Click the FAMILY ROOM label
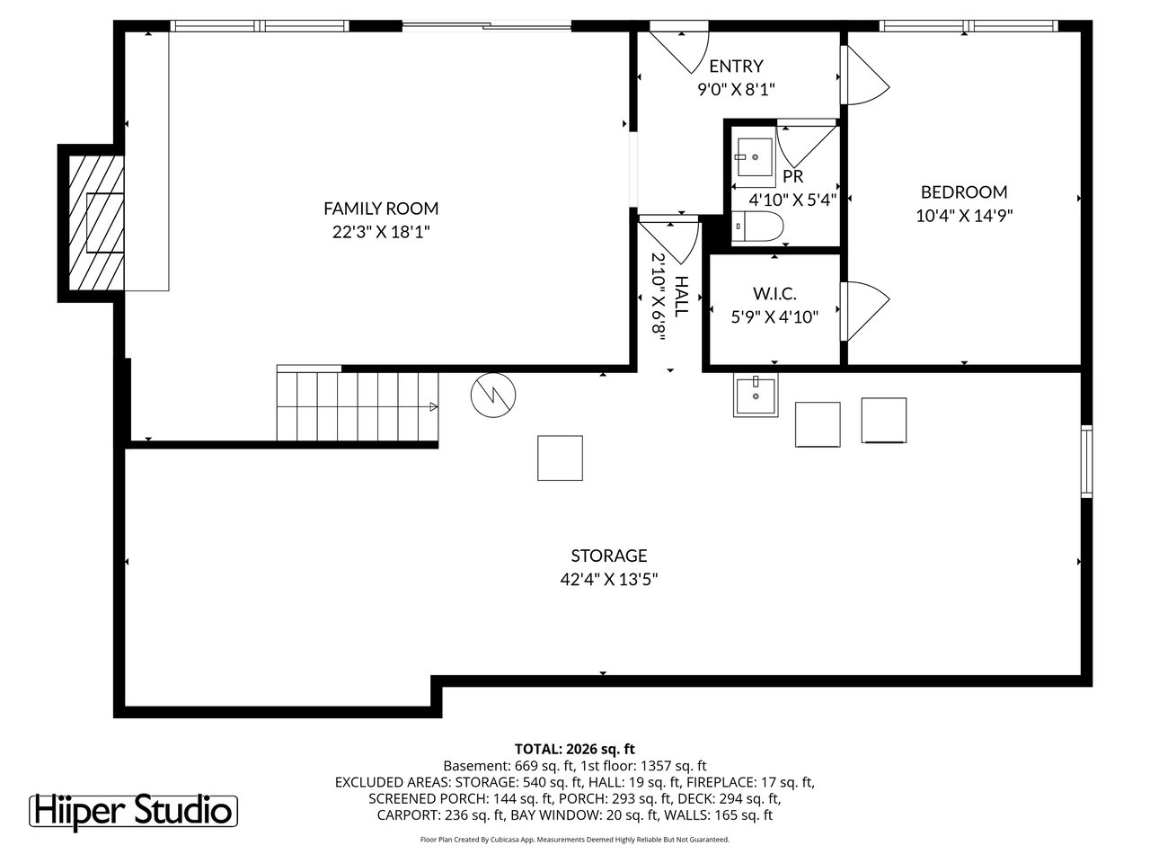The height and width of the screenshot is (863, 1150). (x=381, y=209)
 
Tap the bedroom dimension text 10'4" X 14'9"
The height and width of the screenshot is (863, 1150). (x=964, y=216)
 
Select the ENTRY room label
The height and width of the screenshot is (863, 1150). (x=736, y=66)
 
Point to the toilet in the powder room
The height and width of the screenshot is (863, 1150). (x=757, y=227)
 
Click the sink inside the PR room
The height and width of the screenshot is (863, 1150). (x=755, y=157)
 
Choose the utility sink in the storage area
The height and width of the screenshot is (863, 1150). (x=756, y=395)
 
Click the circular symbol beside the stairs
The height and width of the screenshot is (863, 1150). (x=493, y=395)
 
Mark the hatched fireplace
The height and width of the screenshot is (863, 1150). (x=96, y=223)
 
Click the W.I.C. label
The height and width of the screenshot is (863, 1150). (x=774, y=293)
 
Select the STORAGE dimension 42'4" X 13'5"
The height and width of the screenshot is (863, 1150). (x=609, y=580)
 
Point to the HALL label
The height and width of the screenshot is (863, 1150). (x=681, y=297)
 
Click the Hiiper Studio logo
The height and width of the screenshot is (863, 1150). (x=133, y=812)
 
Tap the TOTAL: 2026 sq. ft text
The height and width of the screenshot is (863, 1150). (x=575, y=749)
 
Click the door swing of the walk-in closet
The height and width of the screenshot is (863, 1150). (x=864, y=311)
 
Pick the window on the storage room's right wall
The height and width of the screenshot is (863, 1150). (x=1087, y=461)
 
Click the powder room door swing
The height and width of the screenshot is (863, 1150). (x=806, y=144)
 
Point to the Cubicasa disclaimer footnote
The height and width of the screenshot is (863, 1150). (x=575, y=840)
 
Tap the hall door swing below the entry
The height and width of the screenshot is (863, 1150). (x=668, y=242)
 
